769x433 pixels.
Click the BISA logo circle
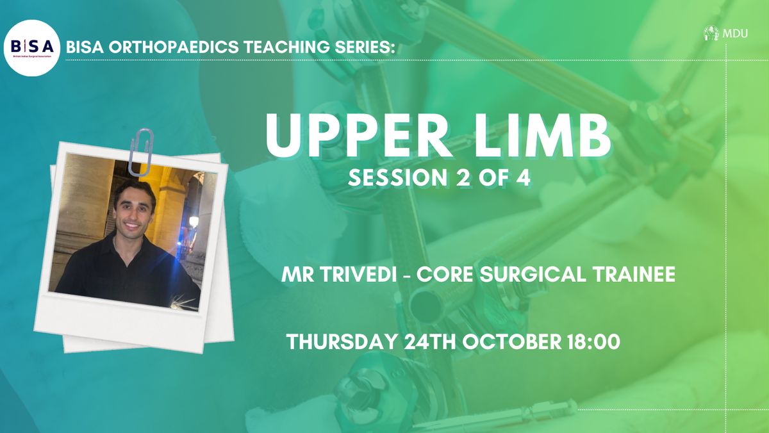click(31, 48)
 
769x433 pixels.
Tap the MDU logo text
click(735, 33)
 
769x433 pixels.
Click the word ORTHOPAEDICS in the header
click(174, 47)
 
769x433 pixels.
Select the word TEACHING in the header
click(286, 47)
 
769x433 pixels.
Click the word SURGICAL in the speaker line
click(532, 274)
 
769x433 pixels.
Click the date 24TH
click(430, 342)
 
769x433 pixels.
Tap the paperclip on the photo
click(141, 152)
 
